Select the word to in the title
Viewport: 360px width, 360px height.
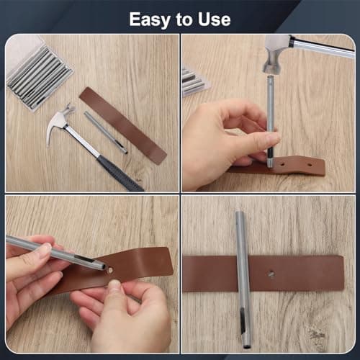coord(181,19)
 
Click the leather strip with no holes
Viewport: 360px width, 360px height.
coord(122,125)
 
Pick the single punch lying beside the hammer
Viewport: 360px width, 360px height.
coord(105,132)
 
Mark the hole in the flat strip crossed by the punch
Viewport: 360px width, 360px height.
coord(271,274)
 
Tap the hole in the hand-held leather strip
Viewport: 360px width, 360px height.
coord(113,267)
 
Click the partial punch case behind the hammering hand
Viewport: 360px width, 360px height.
coord(194,81)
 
